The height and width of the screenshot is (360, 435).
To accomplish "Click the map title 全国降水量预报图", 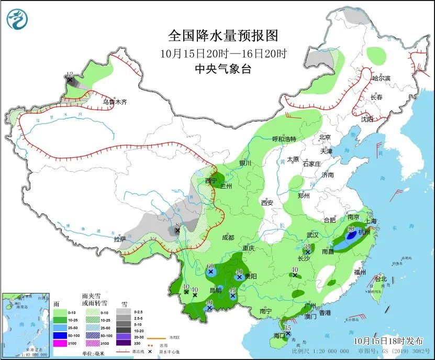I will coord(222,36).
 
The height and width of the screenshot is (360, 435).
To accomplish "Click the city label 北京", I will coord(326,137).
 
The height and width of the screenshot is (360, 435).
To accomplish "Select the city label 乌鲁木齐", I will coord(115,103).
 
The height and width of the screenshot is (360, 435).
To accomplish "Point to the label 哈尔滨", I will coord(381,78).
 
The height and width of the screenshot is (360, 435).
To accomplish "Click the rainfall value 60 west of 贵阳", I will coord(210,266).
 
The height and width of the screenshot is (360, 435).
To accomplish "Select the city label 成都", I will coord(228,237).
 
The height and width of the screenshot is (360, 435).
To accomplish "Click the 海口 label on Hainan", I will coord(278,335).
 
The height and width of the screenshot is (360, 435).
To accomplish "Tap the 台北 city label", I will coord(381,279).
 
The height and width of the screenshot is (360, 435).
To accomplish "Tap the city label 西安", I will coord(267,202).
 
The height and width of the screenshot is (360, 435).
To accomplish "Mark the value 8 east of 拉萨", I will coord(178,225).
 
